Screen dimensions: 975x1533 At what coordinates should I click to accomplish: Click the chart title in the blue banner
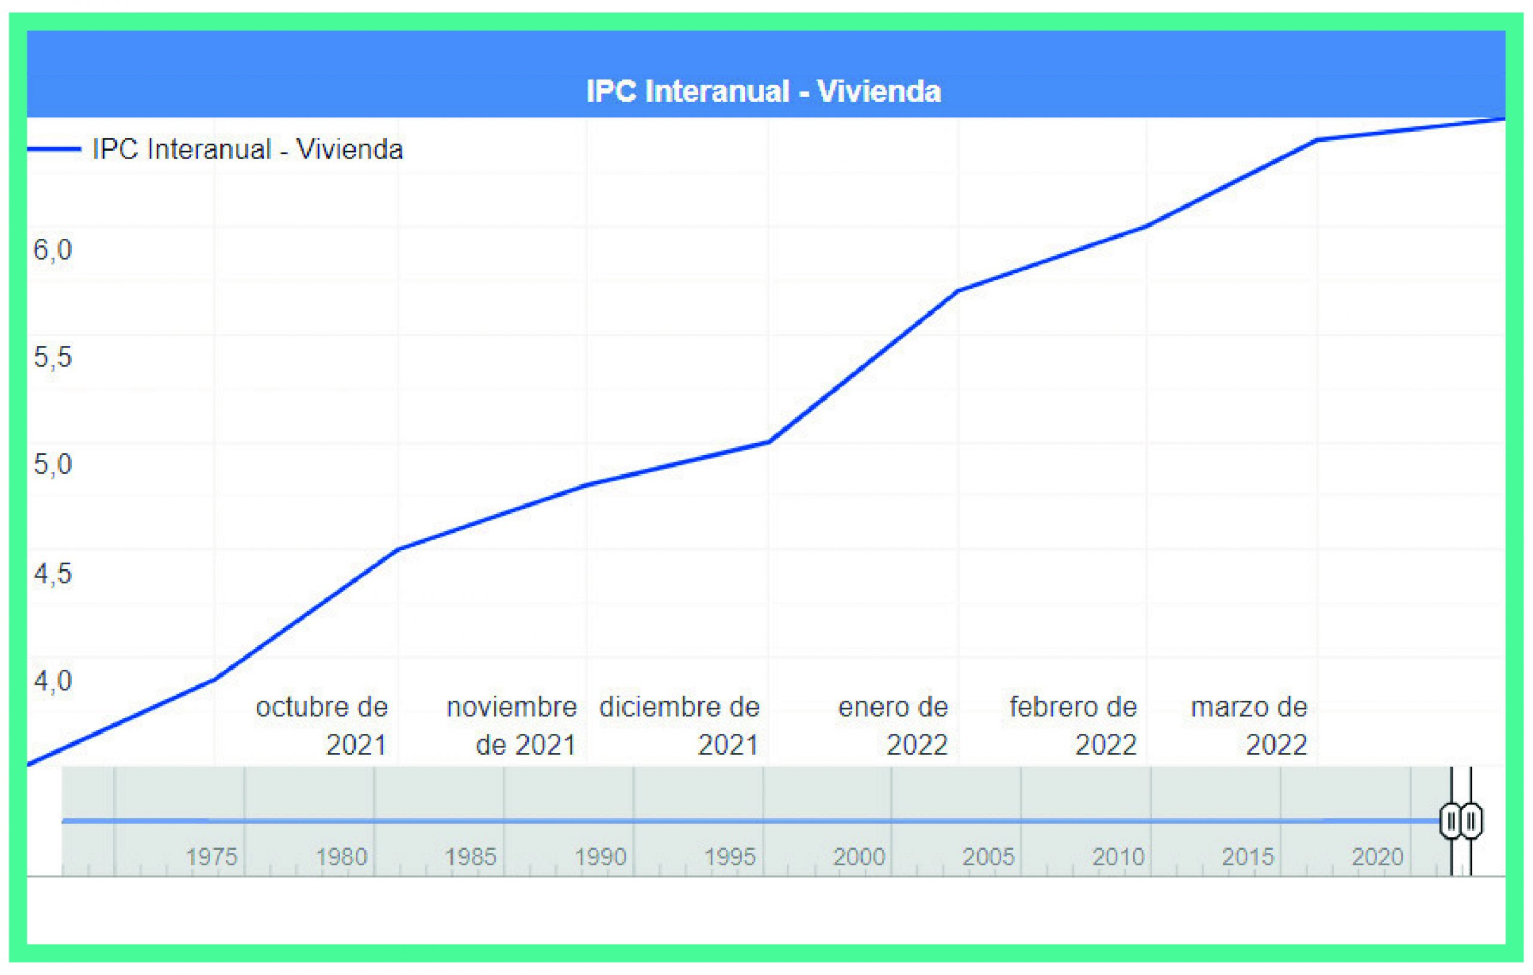click(x=764, y=91)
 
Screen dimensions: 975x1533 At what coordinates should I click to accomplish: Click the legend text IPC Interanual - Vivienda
click(x=248, y=150)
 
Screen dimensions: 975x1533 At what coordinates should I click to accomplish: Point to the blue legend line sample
click(x=54, y=150)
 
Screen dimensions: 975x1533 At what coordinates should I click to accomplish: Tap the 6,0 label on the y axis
click(x=53, y=250)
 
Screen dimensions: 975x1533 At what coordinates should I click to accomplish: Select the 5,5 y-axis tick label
click(x=53, y=357)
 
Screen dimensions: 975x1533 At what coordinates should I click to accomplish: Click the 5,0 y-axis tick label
click(x=53, y=464)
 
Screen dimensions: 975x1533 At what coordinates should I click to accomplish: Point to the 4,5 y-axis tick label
click(x=53, y=573)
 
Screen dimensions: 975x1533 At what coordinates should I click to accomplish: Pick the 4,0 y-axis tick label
click(x=53, y=681)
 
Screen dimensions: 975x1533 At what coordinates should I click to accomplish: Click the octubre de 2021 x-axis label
click(x=322, y=725)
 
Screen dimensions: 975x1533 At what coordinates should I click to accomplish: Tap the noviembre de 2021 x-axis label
click(x=512, y=725)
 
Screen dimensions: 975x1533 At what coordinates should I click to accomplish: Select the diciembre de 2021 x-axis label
click(x=680, y=725)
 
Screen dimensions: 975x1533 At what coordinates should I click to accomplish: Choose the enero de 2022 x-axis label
click(x=893, y=725)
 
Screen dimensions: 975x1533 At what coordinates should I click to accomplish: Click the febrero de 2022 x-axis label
click(x=1073, y=725)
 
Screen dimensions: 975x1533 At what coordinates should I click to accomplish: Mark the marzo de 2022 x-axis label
click(x=1249, y=725)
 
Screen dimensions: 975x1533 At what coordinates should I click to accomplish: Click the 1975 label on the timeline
click(x=211, y=856)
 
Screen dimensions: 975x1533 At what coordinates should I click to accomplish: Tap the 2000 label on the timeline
click(x=859, y=856)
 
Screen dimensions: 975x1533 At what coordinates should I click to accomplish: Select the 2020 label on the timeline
click(x=1378, y=856)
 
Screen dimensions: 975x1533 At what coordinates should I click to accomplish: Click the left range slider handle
click(x=1452, y=821)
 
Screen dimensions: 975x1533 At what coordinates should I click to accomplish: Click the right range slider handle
click(x=1471, y=821)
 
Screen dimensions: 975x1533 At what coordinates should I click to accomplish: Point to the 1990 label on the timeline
click(x=601, y=856)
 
